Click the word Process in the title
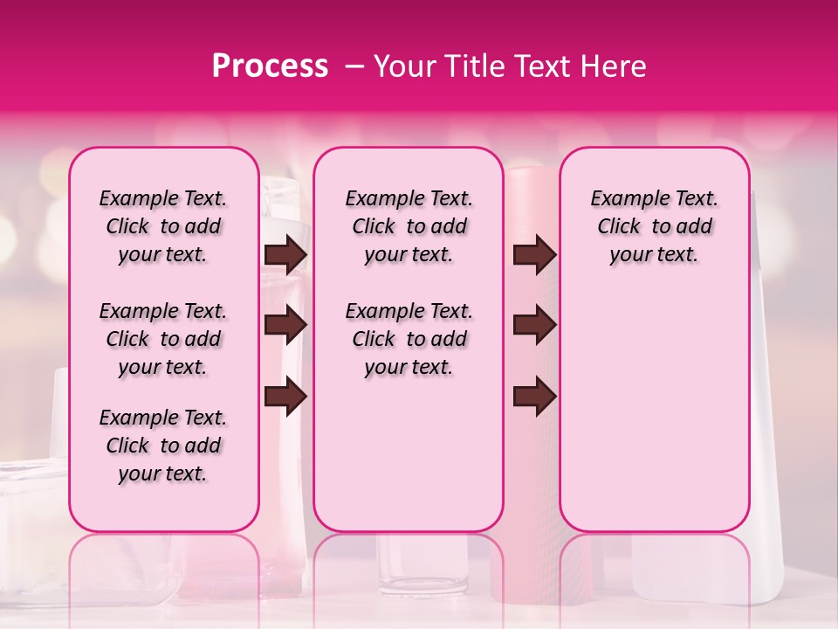[270, 66]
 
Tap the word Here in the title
[613, 66]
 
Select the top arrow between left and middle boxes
[285, 255]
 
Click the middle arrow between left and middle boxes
[285, 325]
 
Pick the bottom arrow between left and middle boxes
[285, 397]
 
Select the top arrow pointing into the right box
[534, 255]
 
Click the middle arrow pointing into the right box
[534, 325]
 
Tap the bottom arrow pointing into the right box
[534, 397]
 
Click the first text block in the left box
[163, 226]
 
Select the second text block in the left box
[163, 339]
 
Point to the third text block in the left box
[163, 446]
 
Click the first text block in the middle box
[409, 226]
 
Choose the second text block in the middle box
[409, 339]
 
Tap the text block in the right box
[654, 226]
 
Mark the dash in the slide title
[354, 66]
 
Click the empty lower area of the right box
[654, 411]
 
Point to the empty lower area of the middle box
[409, 454]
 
